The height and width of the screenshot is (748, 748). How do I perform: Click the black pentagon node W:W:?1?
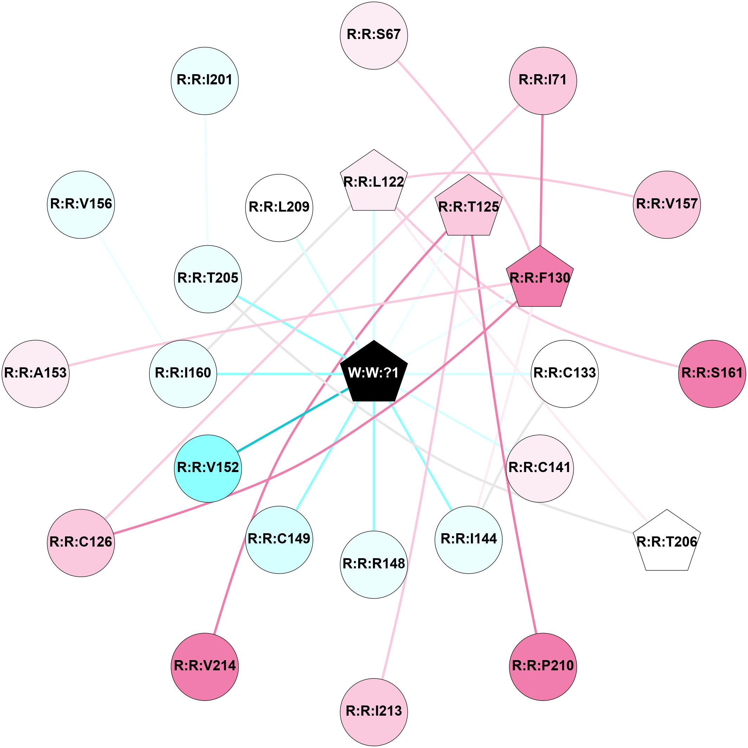click(x=374, y=373)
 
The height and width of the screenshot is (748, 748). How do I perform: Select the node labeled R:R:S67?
click(x=374, y=36)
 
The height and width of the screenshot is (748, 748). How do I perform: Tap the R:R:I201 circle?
click(x=205, y=81)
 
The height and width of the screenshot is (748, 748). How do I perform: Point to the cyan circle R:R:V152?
click(x=208, y=469)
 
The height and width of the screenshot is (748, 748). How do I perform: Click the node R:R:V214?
click(x=205, y=667)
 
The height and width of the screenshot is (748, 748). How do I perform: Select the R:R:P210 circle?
click(x=543, y=667)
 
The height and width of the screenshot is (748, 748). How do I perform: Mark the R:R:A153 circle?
click(x=36, y=374)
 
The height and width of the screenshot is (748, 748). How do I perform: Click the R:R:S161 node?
click(x=712, y=374)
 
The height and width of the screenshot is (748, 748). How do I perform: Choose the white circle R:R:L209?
click(x=279, y=208)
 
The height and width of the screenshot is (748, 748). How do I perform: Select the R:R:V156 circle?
click(x=81, y=205)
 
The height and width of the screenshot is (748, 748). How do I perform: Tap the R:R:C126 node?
click(x=81, y=543)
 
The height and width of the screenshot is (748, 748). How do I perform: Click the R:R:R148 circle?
click(x=374, y=565)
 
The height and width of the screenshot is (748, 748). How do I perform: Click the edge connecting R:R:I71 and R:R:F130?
click(x=541, y=180)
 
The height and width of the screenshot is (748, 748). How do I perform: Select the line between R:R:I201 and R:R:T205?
click(x=206, y=180)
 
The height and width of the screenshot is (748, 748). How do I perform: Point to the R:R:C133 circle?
click(x=565, y=374)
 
